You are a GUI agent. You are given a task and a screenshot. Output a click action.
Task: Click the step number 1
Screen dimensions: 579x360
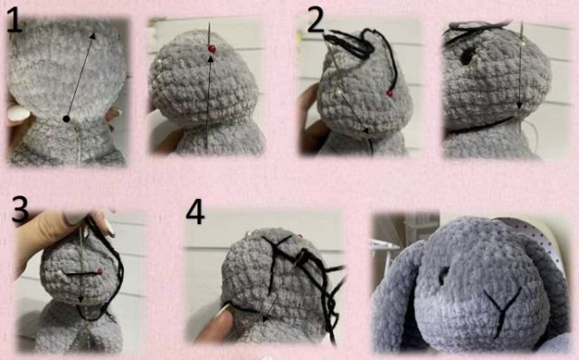14,20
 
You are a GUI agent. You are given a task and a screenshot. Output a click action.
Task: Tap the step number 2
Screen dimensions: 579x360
316,20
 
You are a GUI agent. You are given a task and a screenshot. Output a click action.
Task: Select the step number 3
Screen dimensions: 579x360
20,209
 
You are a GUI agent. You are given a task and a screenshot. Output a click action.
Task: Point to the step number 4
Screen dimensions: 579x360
195,213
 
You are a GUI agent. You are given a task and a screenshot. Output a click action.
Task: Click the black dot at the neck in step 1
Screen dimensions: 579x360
66,118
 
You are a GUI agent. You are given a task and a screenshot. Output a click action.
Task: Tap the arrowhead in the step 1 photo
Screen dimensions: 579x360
92,35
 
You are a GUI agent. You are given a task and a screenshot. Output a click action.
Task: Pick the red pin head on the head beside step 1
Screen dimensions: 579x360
212,49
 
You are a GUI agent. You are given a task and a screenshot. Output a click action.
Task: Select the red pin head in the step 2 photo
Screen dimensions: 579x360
390,94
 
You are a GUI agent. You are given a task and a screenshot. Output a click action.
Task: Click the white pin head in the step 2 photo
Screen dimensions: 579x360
337,93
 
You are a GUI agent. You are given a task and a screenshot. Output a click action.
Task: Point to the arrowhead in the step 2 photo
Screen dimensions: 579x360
366,130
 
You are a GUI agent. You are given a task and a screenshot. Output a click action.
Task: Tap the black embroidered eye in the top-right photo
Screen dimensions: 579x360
467,56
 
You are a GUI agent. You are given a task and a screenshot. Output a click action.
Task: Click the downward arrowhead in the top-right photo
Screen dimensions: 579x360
519,107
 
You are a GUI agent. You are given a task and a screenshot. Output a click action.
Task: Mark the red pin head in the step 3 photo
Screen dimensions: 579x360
100,272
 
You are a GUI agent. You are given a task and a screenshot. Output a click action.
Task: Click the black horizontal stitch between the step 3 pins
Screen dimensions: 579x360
81,273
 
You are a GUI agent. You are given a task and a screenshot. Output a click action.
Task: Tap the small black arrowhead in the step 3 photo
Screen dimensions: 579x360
81,298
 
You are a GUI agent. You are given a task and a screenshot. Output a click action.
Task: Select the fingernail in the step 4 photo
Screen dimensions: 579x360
222,312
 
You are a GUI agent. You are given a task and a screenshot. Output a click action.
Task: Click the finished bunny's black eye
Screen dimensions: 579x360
443,276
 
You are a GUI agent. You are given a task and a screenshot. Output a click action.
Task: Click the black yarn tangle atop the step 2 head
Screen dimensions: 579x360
351,43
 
